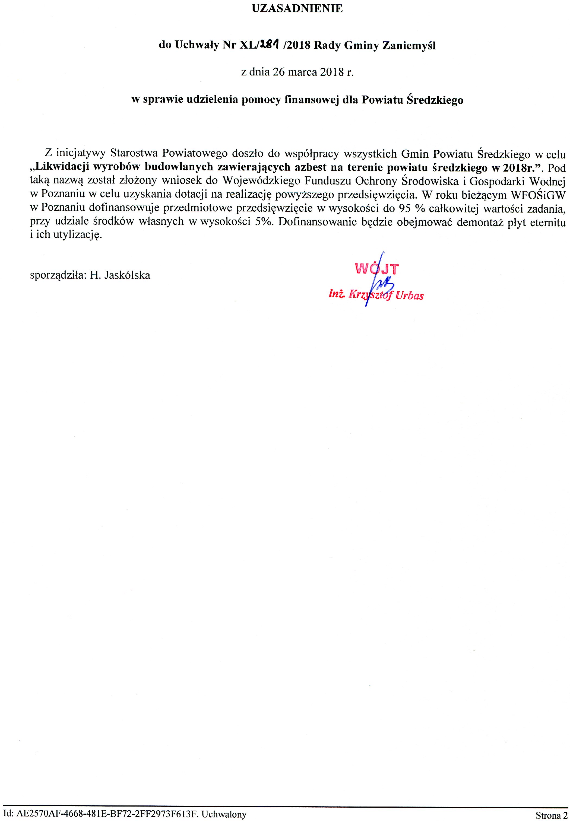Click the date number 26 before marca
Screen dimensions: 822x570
278,72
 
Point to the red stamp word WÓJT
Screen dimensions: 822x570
377,268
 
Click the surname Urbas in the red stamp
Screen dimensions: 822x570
409,296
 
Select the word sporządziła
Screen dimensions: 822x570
57,275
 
